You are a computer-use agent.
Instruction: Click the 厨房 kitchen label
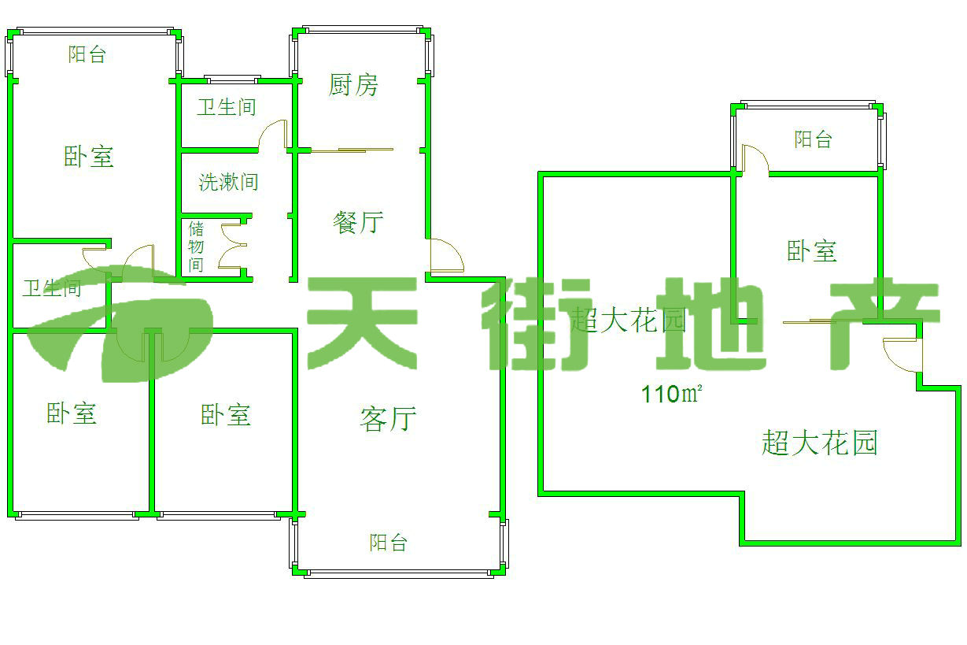(353, 85)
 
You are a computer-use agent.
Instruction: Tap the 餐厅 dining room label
(358, 223)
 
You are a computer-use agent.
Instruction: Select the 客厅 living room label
(387, 418)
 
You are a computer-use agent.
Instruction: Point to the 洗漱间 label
(228, 183)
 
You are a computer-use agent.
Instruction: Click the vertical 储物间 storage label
(196, 247)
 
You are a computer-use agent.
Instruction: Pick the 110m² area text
(671, 393)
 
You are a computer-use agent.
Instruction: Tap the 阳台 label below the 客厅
(389, 543)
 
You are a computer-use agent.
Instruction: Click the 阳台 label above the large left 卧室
(87, 54)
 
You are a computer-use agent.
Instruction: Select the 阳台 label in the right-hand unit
(813, 140)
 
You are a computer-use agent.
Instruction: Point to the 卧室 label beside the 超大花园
(812, 252)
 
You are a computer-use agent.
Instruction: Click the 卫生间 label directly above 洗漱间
(227, 107)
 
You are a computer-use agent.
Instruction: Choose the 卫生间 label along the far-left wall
(52, 288)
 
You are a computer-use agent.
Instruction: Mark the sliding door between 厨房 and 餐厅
(352, 149)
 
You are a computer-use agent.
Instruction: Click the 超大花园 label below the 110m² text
(819, 443)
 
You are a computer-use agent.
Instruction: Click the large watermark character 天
(363, 323)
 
